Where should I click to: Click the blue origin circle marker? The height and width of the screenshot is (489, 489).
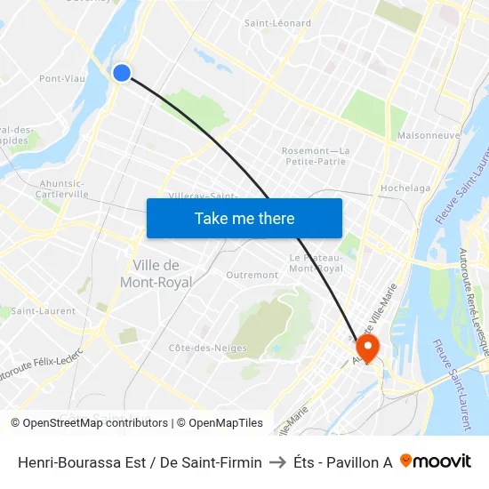[122, 73]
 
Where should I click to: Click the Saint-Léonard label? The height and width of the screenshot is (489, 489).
[277, 23]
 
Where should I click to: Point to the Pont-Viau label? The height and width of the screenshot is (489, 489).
[62, 78]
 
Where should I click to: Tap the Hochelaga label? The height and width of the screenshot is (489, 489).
[405, 188]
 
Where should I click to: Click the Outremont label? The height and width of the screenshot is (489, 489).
[252, 276]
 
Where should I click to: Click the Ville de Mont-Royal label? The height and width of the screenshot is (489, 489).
[156, 274]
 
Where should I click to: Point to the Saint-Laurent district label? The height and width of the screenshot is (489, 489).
[43, 311]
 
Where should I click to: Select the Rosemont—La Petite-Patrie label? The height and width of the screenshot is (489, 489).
[316, 156]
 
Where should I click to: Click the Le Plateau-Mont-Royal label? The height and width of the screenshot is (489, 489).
[316, 263]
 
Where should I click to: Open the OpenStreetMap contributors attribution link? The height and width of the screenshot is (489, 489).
[95, 423]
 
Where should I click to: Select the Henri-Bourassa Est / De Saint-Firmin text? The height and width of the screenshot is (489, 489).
[140, 462]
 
